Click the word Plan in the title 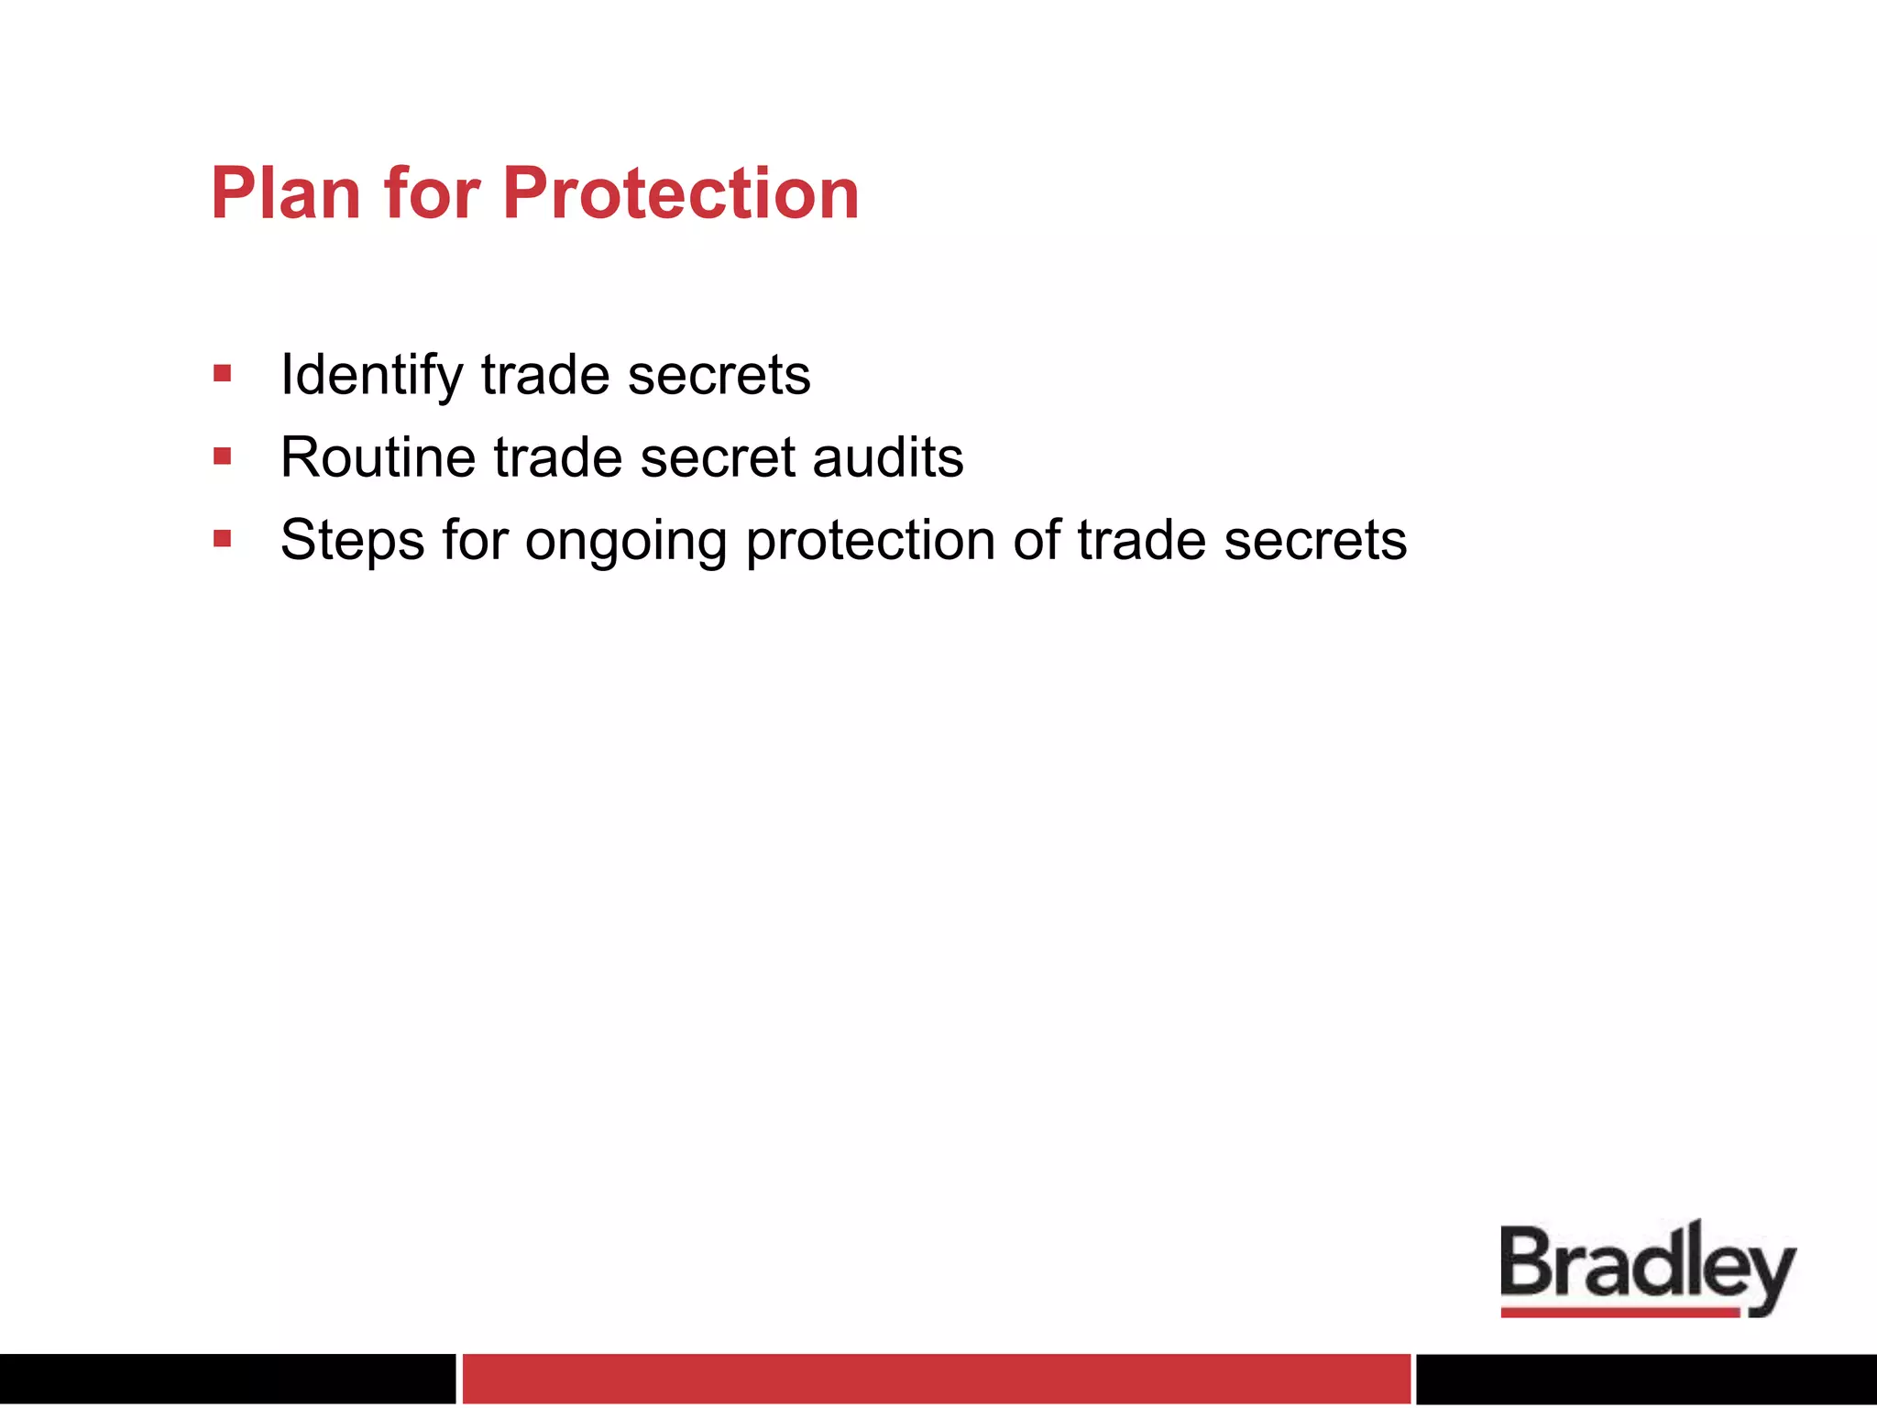[286, 193]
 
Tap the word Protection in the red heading [681, 193]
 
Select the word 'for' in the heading [432, 193]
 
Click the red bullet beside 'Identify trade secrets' [222, 374]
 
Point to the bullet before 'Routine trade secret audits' [222, 456]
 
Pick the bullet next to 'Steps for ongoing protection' [222, 539]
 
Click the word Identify [371, 376]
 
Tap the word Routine [378, 457]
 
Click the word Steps [352, 541]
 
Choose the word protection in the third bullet [870, 541]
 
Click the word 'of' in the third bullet [1036, 540]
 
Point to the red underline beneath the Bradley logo [1619, 1313]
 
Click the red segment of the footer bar [936, 1379]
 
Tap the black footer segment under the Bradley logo [1646, 1379]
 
